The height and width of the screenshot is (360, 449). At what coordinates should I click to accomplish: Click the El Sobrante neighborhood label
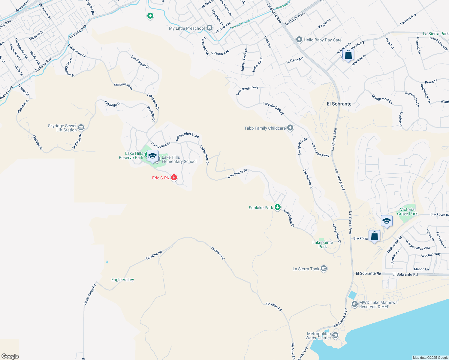pyautogui.click(x=339, y=104)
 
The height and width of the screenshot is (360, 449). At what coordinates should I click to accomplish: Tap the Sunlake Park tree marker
pyautogui.click(x=278, y=207)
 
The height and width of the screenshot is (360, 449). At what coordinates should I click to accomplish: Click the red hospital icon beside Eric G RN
pyautogui.click(x=174, y=178)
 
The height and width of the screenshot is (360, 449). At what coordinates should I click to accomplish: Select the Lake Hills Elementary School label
pyautogui.click(x=179, y=159)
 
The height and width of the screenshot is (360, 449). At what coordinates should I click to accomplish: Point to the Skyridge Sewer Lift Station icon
pyautogui.click(x=81, y=128)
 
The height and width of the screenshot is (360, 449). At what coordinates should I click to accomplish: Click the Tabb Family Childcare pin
pyautogui.click(x=290, y=128)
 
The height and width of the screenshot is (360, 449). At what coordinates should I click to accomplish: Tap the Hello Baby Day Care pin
pyautogui.click(x=299, y=40)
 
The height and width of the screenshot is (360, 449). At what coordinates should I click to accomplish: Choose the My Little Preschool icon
pyautogui.click(x=209, y=28)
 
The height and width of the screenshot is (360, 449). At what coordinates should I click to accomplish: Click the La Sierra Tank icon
pyautogui.click(x=324, y=268)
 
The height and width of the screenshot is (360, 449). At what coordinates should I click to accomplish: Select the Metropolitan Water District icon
pyautogui.click(x=335, y=335)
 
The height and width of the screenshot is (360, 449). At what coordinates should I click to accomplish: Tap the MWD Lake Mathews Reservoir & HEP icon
pyautogui.click(x=354, y=304)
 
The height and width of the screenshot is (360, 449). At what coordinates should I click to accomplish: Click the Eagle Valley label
pyautogui.click(x=122, y=280)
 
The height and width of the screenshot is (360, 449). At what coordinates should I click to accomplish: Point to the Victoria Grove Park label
pyautogui.click(x=407, y=211)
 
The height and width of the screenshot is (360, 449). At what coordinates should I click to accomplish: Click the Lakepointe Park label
pyautogui.click(x=323, y=244)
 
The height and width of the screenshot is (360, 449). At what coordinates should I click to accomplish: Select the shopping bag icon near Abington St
pyautogui.click(x=348, y=55)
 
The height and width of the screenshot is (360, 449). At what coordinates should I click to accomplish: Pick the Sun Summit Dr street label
pyautogui.click(x=140, y=61)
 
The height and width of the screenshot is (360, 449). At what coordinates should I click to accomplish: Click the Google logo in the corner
pyautogui.click(x=10, y=356)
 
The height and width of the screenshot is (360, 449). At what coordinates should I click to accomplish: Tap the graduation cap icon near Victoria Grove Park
pyautogui.click(x=386, y=221)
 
